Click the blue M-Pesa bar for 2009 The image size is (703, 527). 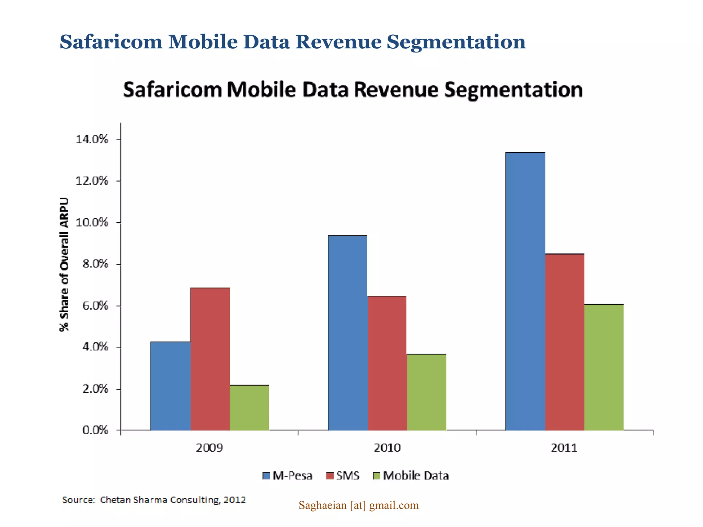pos(170,386)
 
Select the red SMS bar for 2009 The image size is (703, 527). pos(210,359)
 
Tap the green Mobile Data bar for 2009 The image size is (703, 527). pos(250,408)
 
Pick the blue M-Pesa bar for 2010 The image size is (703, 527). pos(348,333)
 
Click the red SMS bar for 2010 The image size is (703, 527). pos(387,363)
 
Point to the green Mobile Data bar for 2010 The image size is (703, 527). pos(427,392)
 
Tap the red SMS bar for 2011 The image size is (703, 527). pos(565,342)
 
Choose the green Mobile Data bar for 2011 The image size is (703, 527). pos(604,367)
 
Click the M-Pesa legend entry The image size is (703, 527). pos(288,476)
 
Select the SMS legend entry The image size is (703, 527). pos(343,476)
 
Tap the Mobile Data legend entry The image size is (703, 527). pos(411,476)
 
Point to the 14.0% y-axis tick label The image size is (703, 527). pos(92,139)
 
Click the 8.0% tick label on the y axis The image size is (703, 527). pos(95,264)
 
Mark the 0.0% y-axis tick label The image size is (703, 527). pos(95,430)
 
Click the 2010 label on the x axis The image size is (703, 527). pos(387,448)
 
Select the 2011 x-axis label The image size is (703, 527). pos(564,448)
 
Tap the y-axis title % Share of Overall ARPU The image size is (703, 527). pos(64,264)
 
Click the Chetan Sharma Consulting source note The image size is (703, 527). pos(154,500)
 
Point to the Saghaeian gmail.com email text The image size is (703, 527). pos(358,505)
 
